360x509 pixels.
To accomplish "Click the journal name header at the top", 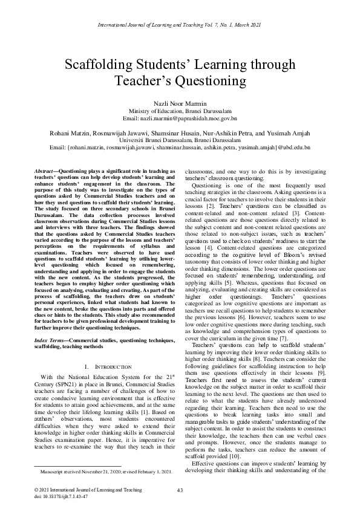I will (180, 24).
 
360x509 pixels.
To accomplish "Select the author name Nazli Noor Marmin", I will (180, 103).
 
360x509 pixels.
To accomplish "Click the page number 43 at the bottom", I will (180, 490).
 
